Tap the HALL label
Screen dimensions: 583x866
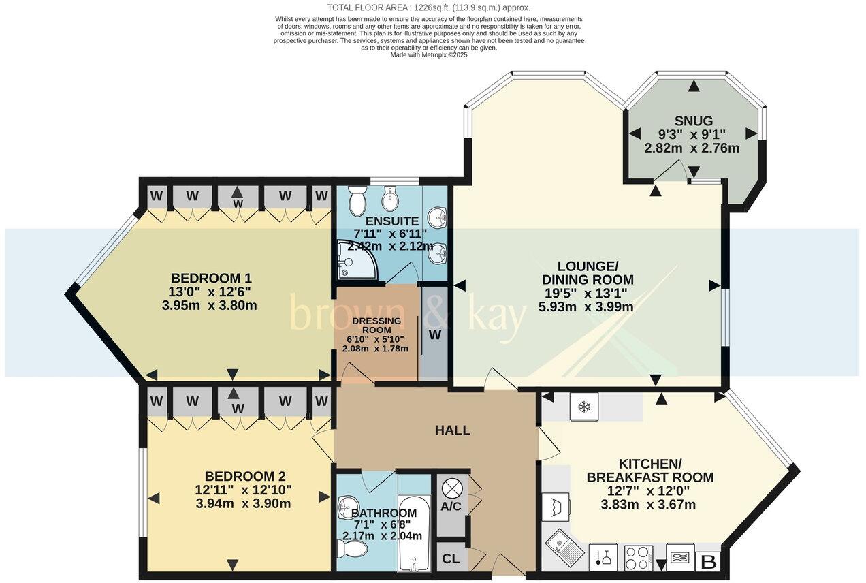(453, 430)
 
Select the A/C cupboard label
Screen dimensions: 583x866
(450, 506)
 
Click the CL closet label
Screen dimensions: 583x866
(450, 559)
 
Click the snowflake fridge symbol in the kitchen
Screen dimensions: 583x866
(583, 407)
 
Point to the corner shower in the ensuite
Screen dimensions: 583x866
(355, 262)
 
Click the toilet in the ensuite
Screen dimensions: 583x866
(355, 200)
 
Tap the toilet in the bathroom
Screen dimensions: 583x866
(352, 548)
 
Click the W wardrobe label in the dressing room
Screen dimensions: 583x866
(434, 335)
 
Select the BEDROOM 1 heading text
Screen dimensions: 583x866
(211, 278)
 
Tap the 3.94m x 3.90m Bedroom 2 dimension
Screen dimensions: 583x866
(243, 504)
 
